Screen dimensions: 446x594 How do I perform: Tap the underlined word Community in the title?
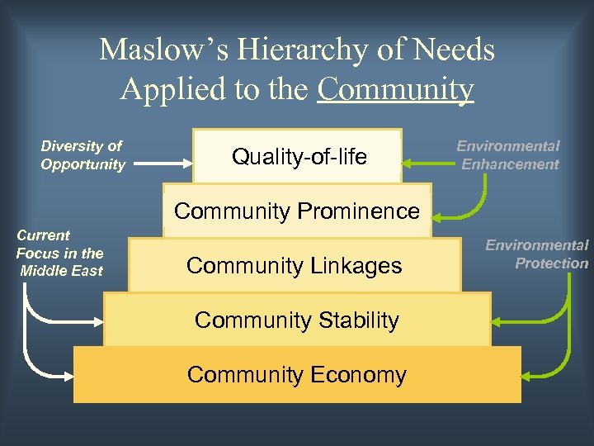[395, 89]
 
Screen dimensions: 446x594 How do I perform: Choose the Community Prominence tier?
[297, 212]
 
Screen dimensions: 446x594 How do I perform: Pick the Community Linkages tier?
[295, 265]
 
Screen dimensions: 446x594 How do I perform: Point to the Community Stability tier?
[297, 320]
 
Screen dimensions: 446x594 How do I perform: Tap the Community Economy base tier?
[297, 375]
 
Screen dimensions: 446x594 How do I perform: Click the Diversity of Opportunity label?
[82, 155]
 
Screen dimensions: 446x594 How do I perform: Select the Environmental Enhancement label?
[509, 155]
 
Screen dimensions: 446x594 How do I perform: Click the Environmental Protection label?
[537, 254]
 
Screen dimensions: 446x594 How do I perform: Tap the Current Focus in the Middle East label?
[60, 253]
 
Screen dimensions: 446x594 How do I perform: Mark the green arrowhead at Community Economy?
[528, 376]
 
